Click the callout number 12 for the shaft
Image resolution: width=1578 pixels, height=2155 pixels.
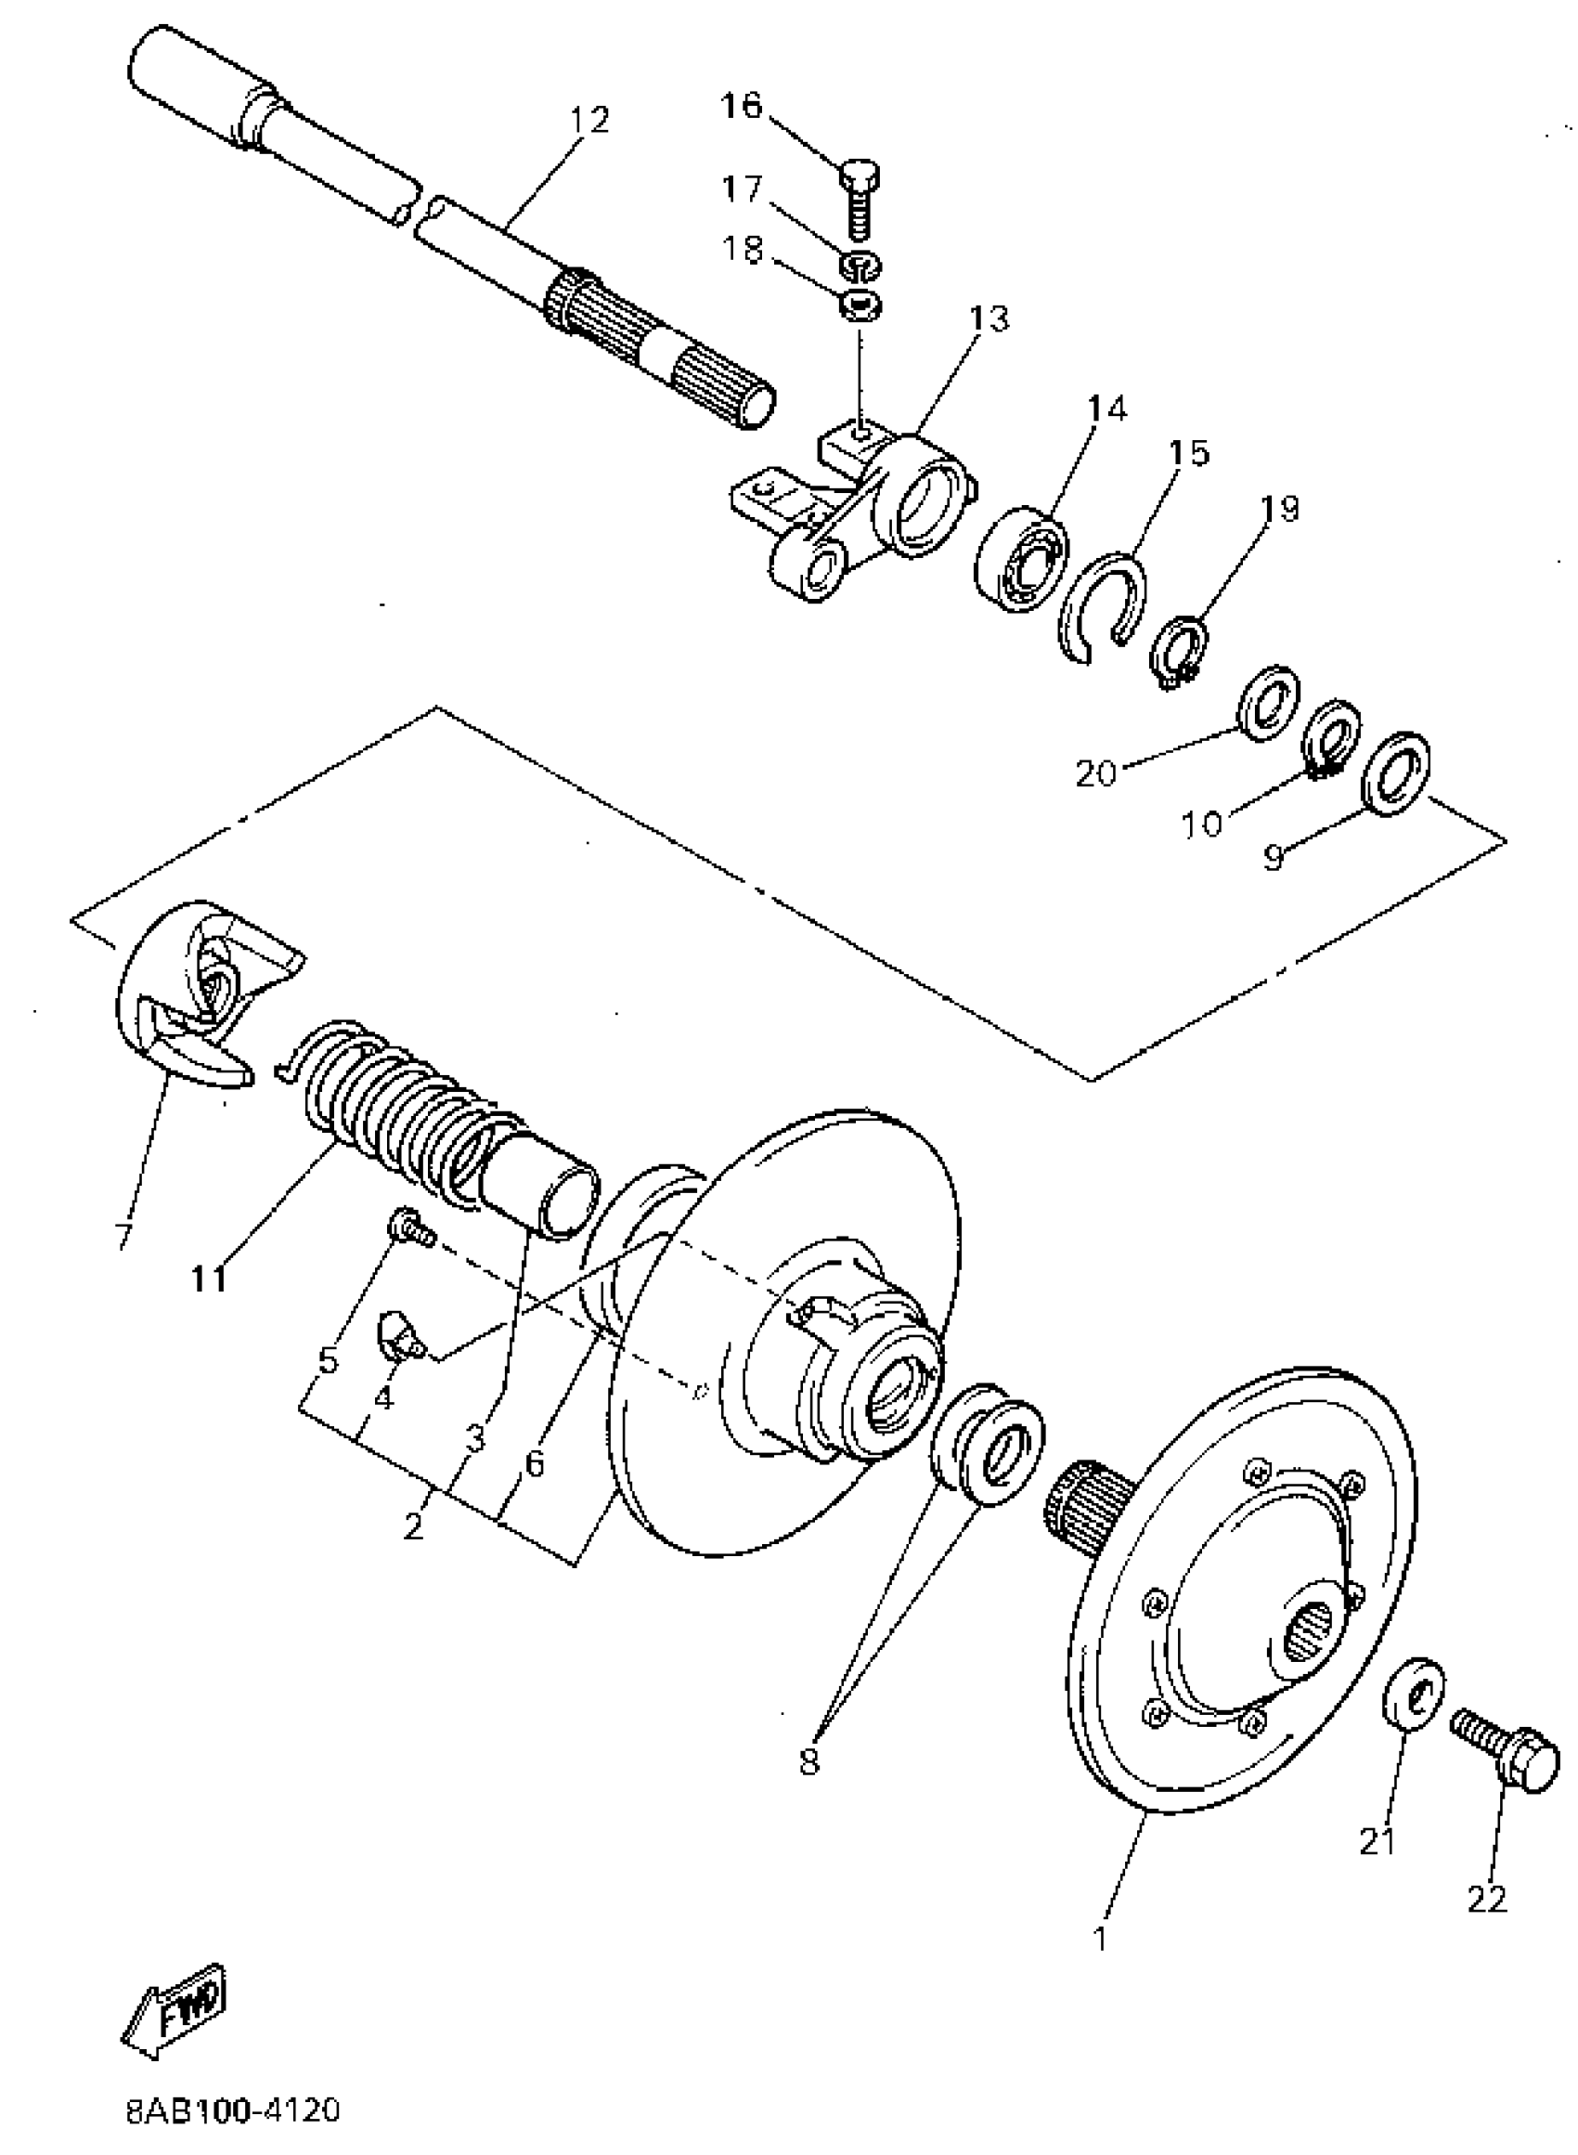click(x=589, y=121)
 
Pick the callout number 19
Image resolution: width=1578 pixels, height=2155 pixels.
click(x=1280, y=508)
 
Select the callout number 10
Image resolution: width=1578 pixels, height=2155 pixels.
click(x=1203, y=822)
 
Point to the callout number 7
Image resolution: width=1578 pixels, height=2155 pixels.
click(x=123, y=1234)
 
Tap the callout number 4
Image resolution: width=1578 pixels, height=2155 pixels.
click(x=383, y=1398)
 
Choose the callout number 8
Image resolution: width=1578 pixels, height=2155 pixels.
click(x=810, y=1759)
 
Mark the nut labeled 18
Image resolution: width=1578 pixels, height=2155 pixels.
click(x=860, y=306)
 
